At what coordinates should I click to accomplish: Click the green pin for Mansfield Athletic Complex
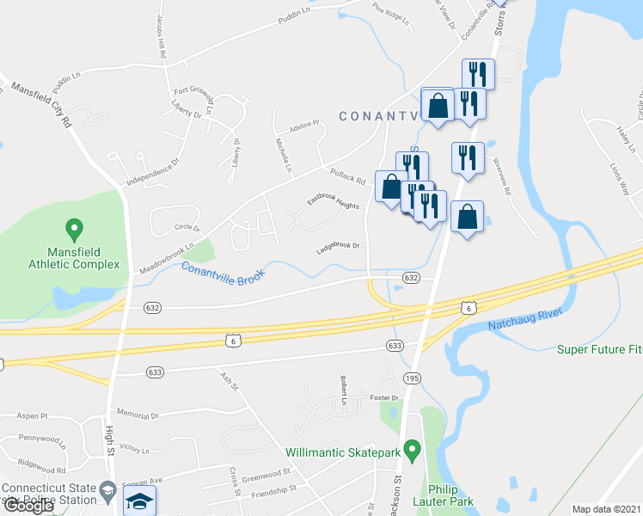[x=74, y=230]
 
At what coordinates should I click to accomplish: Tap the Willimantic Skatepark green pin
[x=412, y=450]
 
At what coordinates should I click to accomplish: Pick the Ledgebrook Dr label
[x=337, y=246]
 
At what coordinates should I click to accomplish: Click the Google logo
[x=28, y=506]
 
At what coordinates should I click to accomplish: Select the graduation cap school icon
[x=138, y=501]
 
